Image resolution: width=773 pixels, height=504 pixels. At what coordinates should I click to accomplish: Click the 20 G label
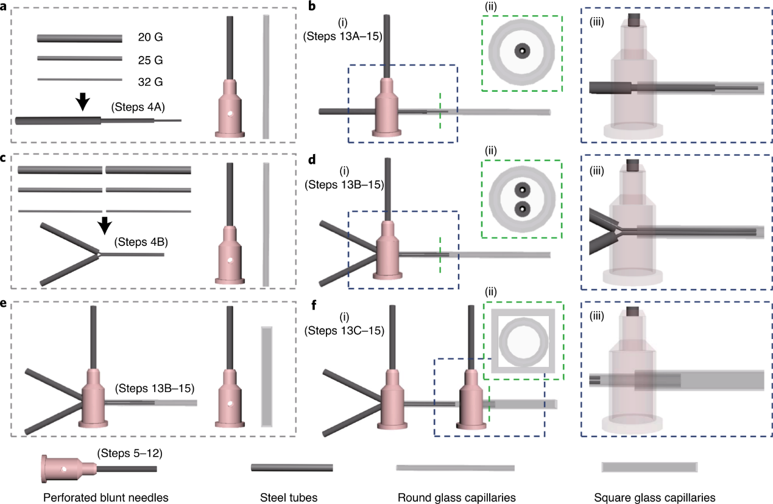coord(150,38)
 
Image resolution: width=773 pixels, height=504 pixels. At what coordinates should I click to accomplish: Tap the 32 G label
coord(150,81)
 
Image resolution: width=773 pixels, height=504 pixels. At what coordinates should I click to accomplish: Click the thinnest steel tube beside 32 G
coord(79,79)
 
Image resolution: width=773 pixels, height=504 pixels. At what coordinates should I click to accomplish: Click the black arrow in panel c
coord(105,225)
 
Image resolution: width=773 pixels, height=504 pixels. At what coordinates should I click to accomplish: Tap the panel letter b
coord(312,7)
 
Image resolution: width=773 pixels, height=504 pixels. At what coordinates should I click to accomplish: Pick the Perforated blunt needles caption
coord(105,497)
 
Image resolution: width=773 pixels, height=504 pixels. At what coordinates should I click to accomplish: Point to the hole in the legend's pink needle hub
coord(64,469)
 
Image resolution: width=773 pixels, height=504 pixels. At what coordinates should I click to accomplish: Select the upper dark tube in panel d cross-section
coord(521,188)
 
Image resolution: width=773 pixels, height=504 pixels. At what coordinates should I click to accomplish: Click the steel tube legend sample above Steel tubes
coord(292,467)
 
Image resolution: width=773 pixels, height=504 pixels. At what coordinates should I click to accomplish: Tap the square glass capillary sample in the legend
coord(649,467)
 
